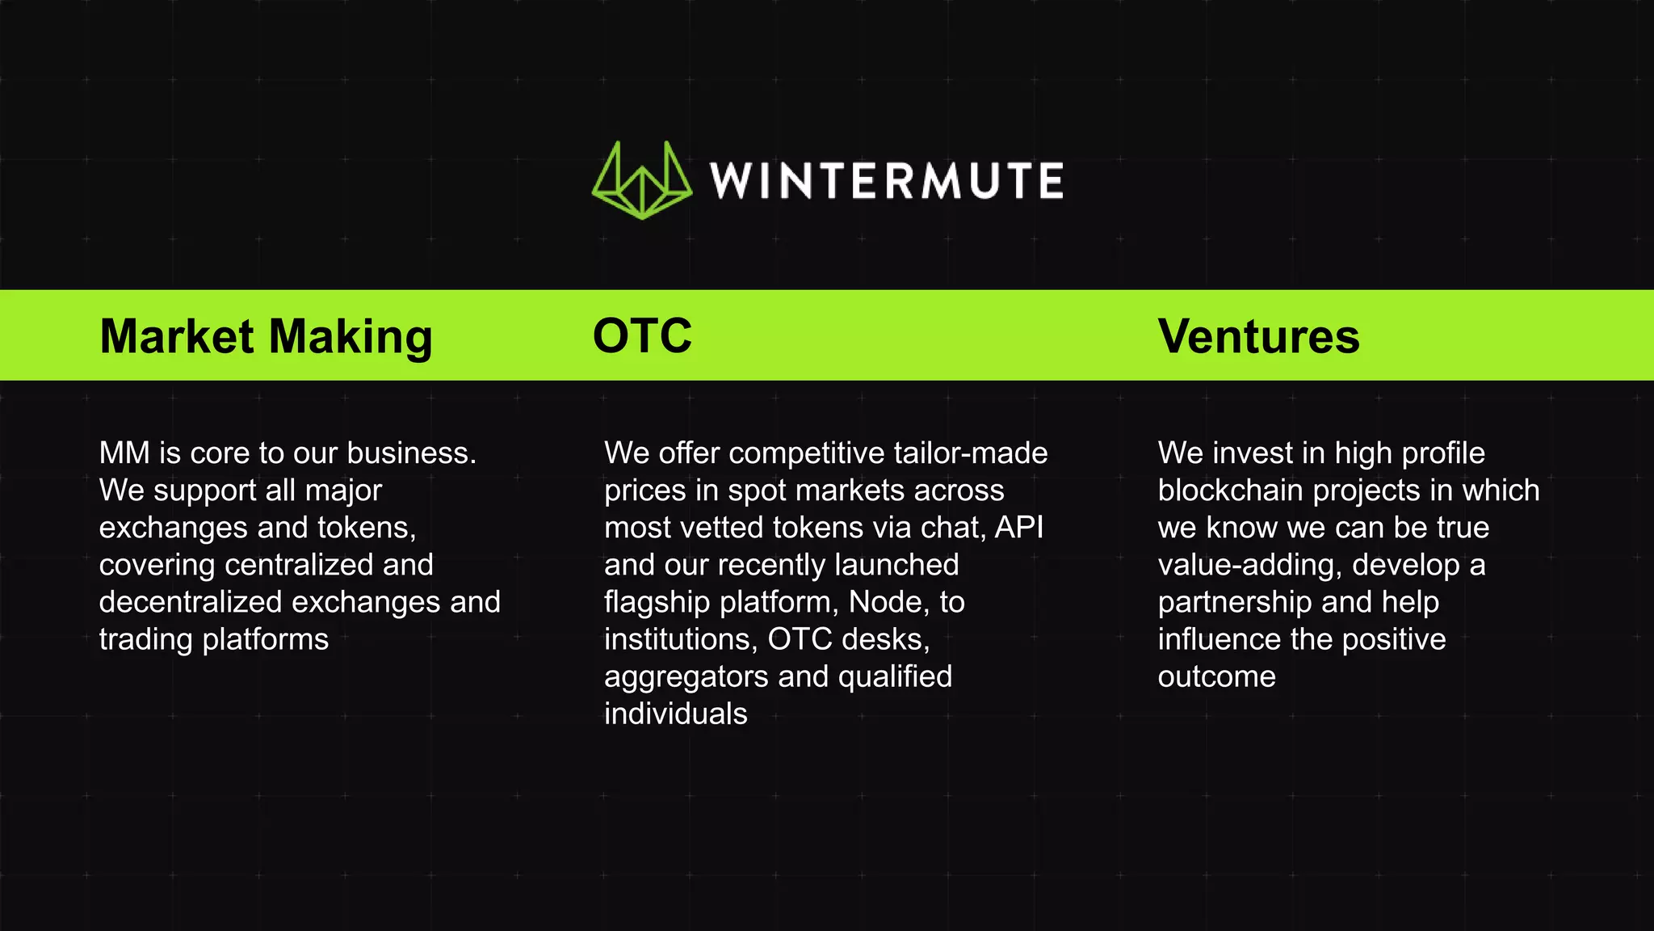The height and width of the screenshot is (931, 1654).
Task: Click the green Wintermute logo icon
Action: (641, 180)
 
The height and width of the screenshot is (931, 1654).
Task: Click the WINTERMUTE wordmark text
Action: (886, 180)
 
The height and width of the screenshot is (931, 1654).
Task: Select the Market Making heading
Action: (266, 336)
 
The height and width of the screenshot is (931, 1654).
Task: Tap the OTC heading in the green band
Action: (642, 336)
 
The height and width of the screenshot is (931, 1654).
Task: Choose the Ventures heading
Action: (1258, 336)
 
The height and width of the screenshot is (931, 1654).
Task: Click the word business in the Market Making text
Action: (411, 453)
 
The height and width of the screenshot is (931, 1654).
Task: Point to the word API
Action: (1019, 528)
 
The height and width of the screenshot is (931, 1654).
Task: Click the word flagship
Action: (657, 603)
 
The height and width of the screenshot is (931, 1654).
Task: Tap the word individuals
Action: (675, 714)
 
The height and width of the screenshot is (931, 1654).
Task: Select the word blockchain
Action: (1236, 491)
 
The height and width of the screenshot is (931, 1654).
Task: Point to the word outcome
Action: (1216, 677)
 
